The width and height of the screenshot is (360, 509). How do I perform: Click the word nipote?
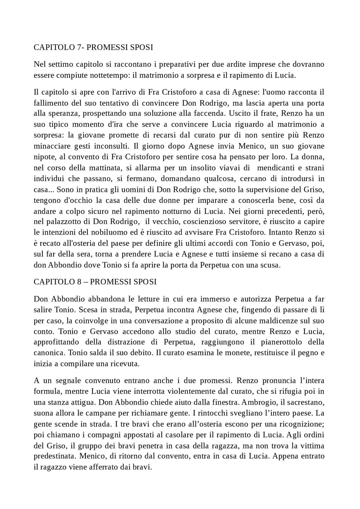pyautogui.click(x=42, y=157)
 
